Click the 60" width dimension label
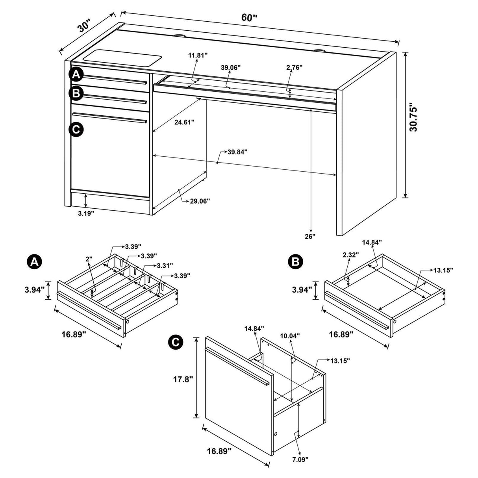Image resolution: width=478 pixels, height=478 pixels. [x=249, y=18]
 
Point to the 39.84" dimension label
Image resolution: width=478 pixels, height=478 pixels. [x=237, y=152]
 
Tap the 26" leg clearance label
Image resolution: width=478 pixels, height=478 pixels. [x=310, y=236]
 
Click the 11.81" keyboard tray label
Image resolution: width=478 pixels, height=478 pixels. [x=197, y=56]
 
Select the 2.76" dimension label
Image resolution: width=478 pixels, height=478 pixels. [x=294, y=67]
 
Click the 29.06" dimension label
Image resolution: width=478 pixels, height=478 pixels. [x=200, y=201]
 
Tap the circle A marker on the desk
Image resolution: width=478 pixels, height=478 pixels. [x=76, y=74]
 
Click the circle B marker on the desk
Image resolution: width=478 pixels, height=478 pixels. [x=76, y=93]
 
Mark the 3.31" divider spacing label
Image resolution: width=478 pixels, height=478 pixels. [x=165, y=266]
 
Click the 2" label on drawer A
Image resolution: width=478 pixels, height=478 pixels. [x=89, y=259]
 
